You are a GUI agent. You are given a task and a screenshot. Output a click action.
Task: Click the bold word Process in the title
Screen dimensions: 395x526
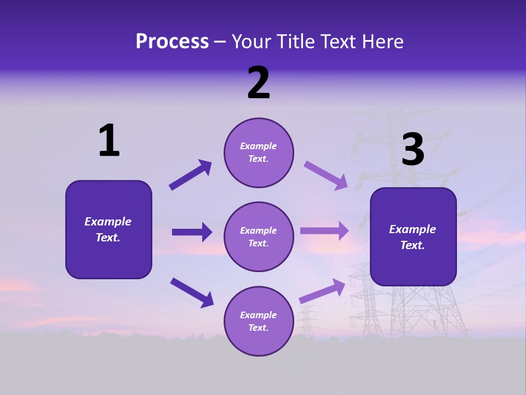(172, 41)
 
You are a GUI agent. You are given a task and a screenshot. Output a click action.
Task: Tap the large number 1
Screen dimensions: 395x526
(109, 140)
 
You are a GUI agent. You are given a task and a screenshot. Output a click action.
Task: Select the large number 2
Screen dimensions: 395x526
(259, 83)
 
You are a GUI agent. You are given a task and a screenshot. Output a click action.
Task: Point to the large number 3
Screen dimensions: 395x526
(413, 150)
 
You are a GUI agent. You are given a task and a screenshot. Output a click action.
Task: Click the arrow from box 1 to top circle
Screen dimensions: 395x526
(190, 175)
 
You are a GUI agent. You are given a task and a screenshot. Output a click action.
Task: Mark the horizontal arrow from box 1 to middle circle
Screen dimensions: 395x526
(192, 232)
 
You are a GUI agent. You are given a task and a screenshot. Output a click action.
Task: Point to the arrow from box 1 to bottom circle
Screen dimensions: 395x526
(192, 292)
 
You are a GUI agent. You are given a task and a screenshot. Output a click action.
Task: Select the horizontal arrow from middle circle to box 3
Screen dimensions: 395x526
(324, 231)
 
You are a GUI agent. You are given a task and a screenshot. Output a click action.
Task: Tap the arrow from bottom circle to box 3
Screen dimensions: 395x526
(322, 291)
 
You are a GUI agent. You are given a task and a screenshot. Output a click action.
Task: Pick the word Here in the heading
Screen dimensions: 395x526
(382, 41)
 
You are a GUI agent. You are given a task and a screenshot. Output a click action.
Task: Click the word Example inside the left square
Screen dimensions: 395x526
(108, 222)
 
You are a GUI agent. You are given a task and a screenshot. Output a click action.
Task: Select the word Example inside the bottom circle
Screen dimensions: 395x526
(259, 315)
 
